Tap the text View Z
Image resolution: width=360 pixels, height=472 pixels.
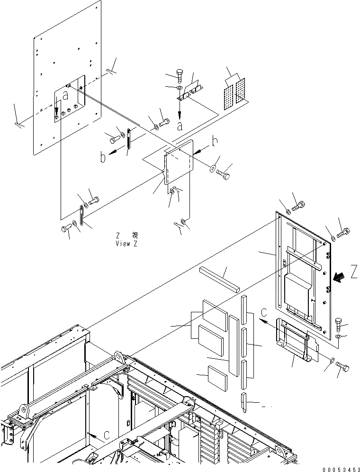pos(126,244)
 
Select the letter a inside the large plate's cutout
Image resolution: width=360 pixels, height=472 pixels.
pos(65,95)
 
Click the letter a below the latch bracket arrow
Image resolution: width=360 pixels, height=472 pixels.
pos(180,126)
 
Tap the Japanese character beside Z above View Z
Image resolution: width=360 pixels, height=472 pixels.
pos(135,236)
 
